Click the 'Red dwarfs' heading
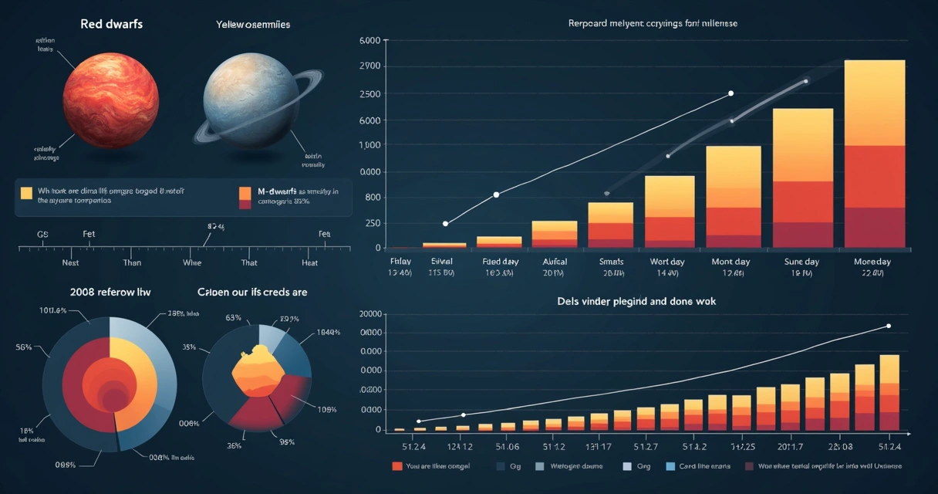point(111,24)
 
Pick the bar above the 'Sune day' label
point(802,178)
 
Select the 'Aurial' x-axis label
point(554,262)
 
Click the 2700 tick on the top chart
point(370,66)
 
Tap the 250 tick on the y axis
point(372,224)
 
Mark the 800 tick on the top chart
point(373,198)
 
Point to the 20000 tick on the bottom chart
point(371,314)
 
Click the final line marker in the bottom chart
point(888,326)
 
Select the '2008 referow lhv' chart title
point(110,293)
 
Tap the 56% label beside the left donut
point(23,347)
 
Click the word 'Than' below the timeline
point(132,262)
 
